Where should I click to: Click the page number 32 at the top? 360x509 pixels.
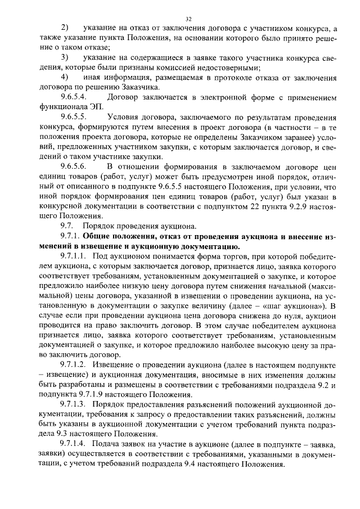[188, 19]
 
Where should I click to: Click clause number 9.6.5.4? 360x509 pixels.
[73, 97]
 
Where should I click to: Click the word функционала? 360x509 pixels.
[57, 107]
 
